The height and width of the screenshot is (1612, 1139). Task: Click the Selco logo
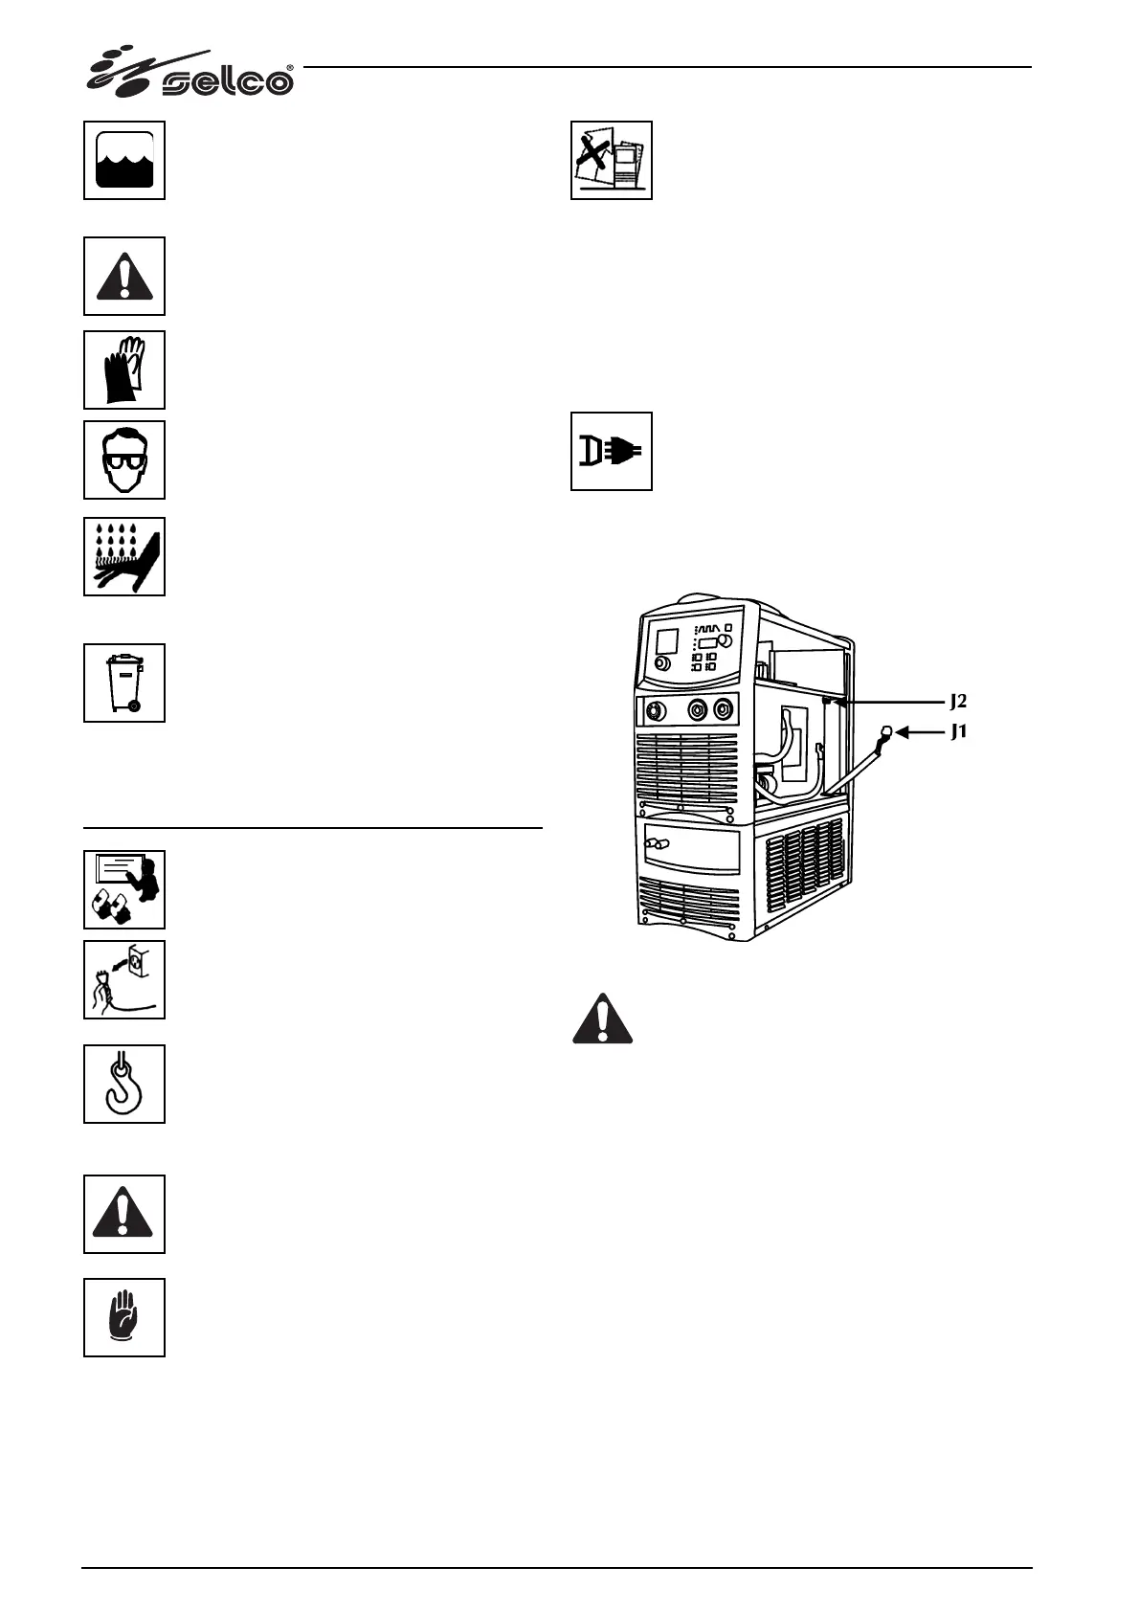click(x=191, y=75)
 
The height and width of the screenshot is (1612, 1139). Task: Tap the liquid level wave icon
click(x=124, y=160)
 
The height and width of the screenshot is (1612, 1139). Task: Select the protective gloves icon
click(x=124, y=369)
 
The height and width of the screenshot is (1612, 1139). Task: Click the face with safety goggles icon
click(x=124, y=459)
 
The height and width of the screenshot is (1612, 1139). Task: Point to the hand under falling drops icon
click(x=124, y=556)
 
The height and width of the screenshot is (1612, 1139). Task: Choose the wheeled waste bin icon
click(x=124, y=683)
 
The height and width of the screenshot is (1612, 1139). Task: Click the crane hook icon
click(x=124, y=1084)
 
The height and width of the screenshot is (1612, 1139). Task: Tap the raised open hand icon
click(x=124, y=1317)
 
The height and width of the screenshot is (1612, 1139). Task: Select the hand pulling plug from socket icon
click(x=124, y=979)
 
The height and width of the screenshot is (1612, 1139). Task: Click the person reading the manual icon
click(x=124, y=889)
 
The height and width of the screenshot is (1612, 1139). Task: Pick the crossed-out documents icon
click(x=612, y=160)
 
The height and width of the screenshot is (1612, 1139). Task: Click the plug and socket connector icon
click(x=612, y=451)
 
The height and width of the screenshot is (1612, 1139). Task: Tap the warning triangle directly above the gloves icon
click(x=124, y=276)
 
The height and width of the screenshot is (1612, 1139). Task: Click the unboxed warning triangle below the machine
click(x=603, y=1020)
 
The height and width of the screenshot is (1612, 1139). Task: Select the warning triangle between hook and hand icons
click(x=124, y=1214)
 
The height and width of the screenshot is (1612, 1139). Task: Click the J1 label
click(x=959, y=732)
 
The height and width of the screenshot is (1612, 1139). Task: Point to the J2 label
click(x=959, y=703)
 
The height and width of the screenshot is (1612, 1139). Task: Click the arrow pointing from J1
click(x=921, y=733)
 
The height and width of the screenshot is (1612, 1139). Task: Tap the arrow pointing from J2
click(x=890, y=703)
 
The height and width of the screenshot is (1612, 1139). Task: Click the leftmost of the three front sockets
click(x=657, y=711)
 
